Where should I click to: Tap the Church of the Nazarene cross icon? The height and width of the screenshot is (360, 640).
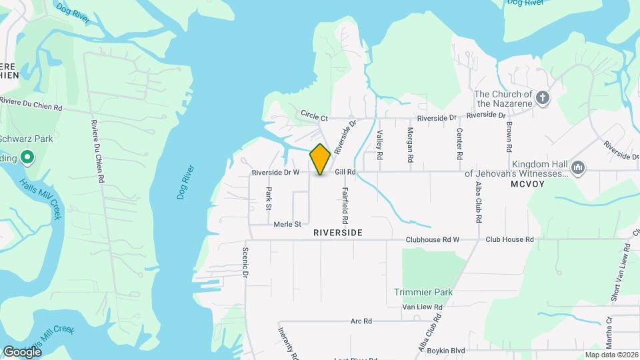pyautogui.click(x=543, y=98)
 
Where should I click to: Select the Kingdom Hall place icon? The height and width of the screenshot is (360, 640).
pyautogui.click(x=578, y=167)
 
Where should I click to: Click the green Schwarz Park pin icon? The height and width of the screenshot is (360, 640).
pyautogui.click(x=27, y=158)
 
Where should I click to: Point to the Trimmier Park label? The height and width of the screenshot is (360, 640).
pyautogui.click(x=423, y=292)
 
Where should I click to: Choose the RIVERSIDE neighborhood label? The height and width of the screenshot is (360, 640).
pyautogui.click(x=338, y=233)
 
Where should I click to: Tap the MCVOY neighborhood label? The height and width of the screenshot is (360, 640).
pyautogui.click(x=528, y=183)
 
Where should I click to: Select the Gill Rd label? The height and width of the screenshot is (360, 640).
pyautogui.click(x=346, y=172)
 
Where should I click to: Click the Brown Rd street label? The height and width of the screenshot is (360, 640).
pyautogui.click(x=509, y=135)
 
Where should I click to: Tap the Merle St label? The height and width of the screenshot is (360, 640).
pyautogui.click(x=288, y=224)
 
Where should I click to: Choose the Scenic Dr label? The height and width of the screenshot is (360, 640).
pyautogui.click(x=245, y=264)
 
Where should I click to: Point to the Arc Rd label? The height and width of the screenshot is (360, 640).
pyautogui.click(x=361, y=321)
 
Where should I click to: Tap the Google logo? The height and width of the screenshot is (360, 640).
pyautogui.click(x=22, y=351)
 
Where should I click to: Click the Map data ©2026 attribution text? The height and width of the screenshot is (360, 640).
pyautogui.click(x=611, y=355)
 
